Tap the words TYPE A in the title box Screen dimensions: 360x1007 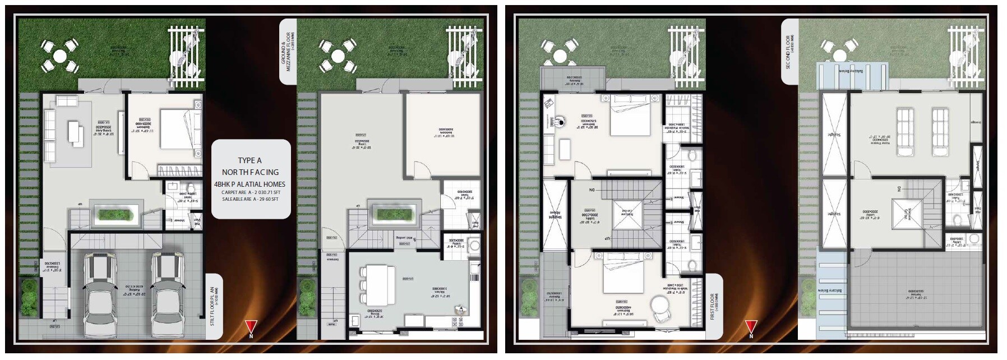(x=250, y=160)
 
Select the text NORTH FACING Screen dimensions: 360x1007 (x=250, y=172)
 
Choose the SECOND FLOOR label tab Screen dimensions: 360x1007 (x=788, y=52)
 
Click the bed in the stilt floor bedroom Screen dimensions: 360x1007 (x=181, y=129)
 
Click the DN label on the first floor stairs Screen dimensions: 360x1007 (x=592, y=190)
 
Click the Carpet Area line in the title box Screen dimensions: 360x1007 (x=250, y=192)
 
